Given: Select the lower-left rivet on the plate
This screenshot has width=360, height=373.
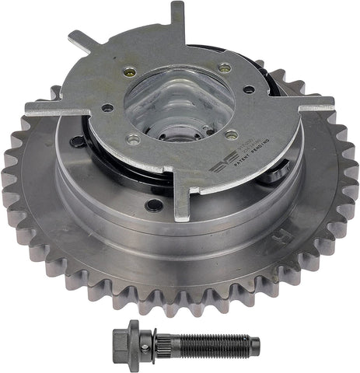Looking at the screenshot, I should pos(132,140).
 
